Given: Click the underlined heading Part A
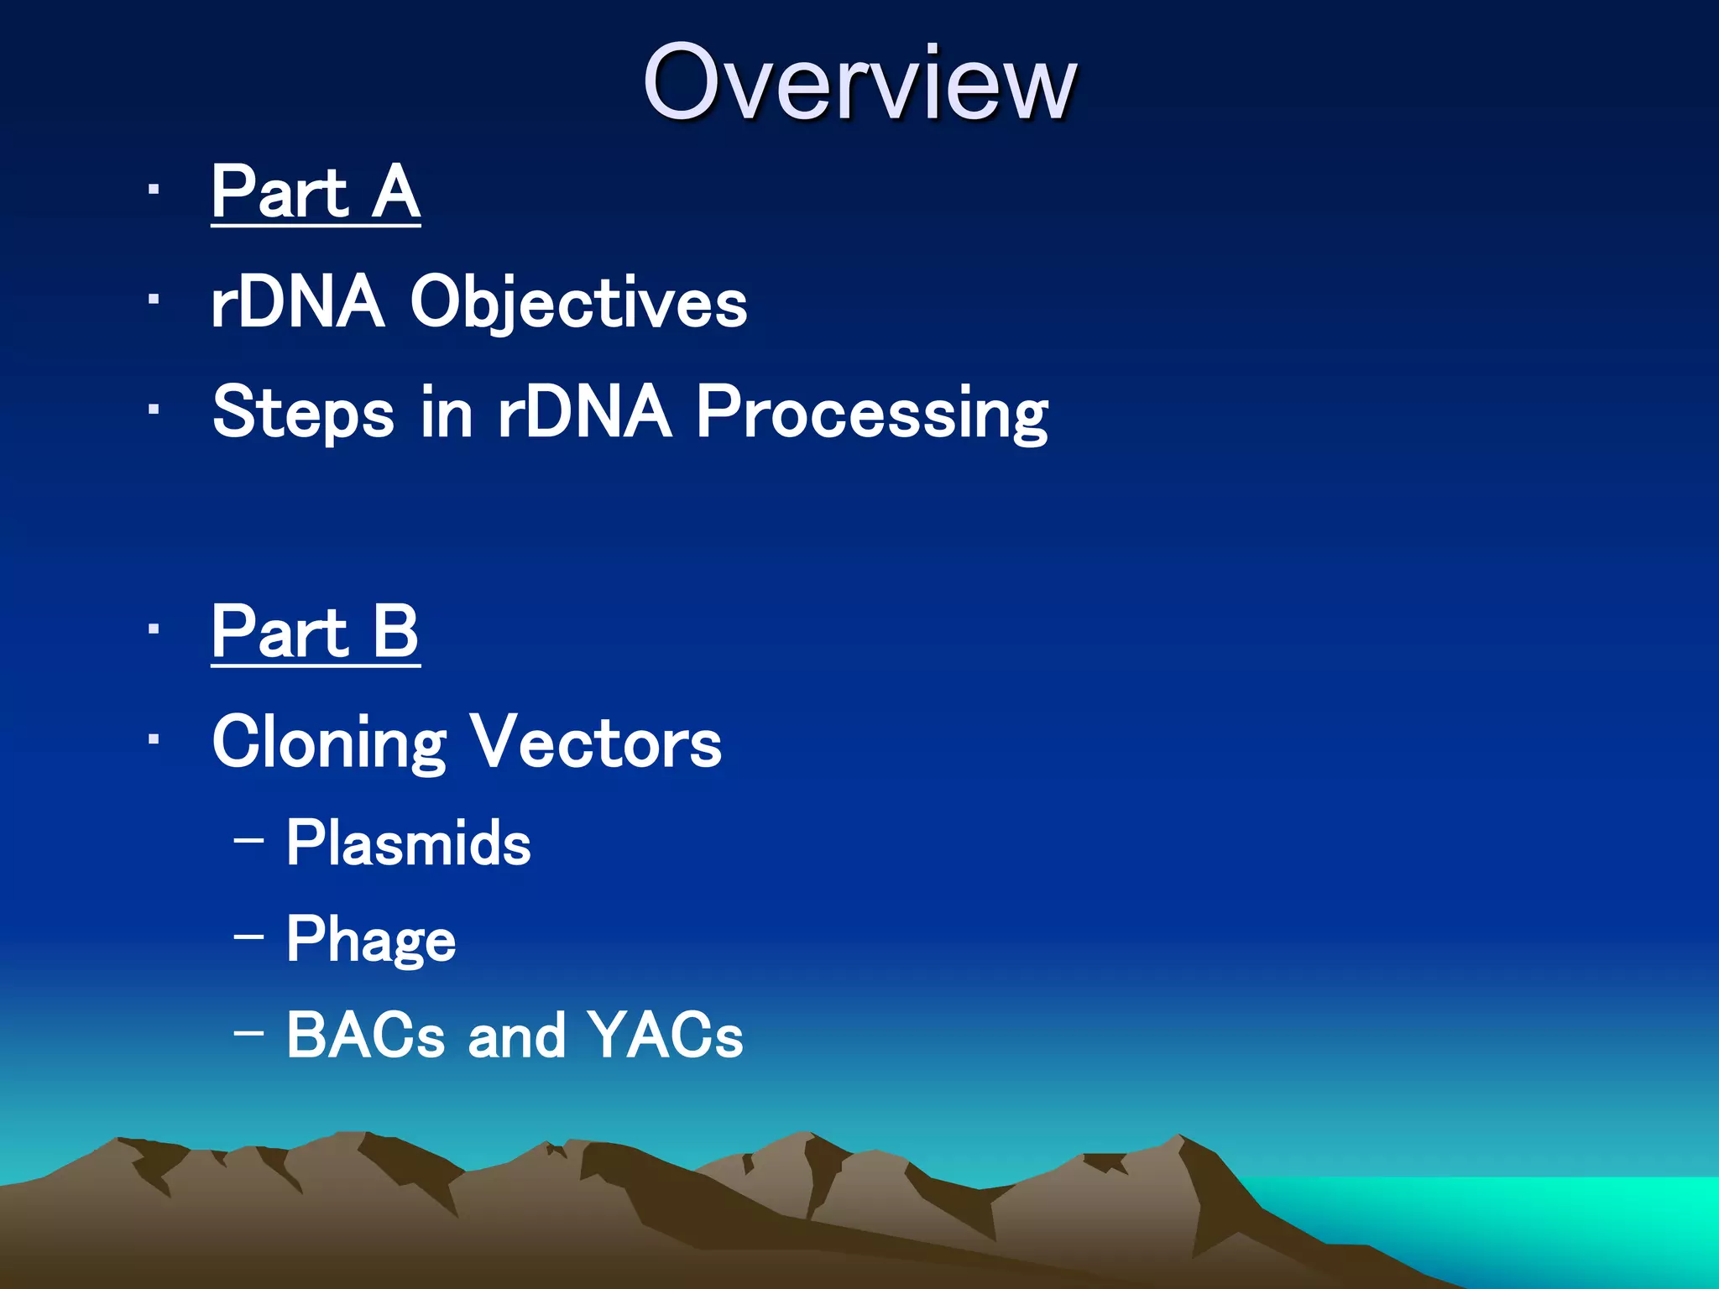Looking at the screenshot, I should click(x=316, y=193).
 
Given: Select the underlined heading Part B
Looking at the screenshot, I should click(x=316, y=633).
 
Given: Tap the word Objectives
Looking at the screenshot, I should click(x=578, y=304).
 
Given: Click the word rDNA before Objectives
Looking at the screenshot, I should click(x=298, y=304).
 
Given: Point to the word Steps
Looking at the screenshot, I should click(x=303, y=414).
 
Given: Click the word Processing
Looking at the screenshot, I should click(x=872, y=414).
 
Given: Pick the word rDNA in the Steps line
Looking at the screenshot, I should click(x=585, y=414).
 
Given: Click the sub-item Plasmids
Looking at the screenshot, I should click(x=409, y=843).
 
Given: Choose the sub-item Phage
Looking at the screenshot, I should click(x=371, y=940).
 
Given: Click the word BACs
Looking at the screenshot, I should click(x=365, y=1036).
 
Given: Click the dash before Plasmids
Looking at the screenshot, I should click(x=249, y=839).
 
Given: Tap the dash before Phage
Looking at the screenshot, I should click(x=249, y=935).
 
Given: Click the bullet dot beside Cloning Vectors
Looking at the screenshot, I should click(x=153, y=739).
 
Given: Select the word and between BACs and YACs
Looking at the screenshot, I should click(x=517, y=1036).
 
